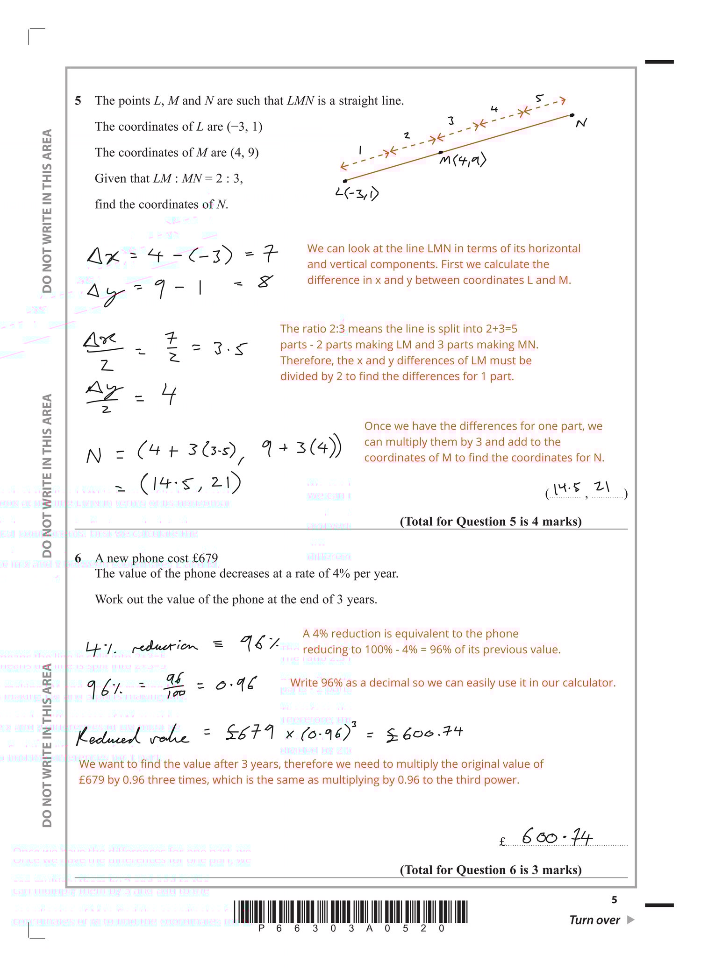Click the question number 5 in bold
(x=78, y=101)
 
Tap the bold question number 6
(x=78, y=558)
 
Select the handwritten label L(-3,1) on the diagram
(x=357, y=193)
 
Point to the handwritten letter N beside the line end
(x=581, y=123)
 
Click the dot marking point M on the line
(x=441, y=153)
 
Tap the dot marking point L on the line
(x=345, y=181)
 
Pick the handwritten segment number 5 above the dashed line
(x=539, y=99)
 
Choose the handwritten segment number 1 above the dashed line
(x=360, y=150)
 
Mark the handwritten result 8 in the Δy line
(x=265, y=282)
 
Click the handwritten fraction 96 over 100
(x=175, y=685)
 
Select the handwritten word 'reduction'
(x=165, y=646)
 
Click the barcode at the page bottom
(x=350, y=911)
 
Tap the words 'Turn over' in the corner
(x=594, y=920)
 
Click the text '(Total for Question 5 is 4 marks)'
(x=490, y=521)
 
